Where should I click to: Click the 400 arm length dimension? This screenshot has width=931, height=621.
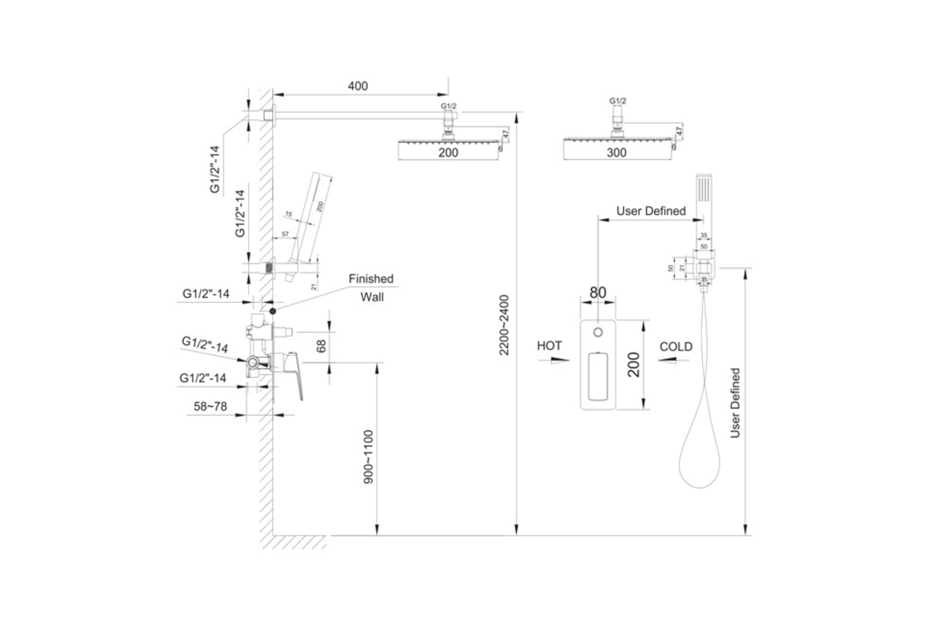(358, 85)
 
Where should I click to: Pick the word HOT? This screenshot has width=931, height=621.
(549, 346)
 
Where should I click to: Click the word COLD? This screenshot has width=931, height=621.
(676, 346)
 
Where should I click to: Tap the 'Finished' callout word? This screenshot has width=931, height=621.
(371, 279)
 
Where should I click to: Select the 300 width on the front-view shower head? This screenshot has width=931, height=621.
(616, 153)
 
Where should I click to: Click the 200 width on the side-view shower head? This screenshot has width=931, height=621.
(448, 153)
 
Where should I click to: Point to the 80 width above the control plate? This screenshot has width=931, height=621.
(597, 293)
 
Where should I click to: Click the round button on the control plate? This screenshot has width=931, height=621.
(597, 333)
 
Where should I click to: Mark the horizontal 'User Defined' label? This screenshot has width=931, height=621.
(651, 210)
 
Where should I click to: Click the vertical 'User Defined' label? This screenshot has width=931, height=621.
(735, 403)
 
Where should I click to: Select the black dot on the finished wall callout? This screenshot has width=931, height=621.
(272, 310)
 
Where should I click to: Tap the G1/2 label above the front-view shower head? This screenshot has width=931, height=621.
(618, 101)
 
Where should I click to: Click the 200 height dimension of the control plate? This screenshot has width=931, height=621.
(633, 363)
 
